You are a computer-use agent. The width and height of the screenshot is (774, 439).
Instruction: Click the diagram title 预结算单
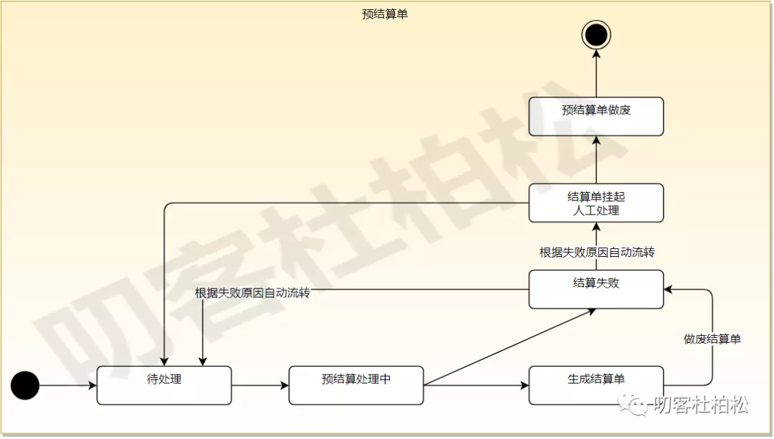coord(385,14)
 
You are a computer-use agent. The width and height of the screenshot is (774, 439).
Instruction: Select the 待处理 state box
coord(164,385)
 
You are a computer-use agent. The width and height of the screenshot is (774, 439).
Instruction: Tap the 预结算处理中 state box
coord(356,385)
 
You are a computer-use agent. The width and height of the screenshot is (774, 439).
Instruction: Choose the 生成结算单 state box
coord(596,385)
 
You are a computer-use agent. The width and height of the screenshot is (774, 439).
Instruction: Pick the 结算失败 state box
coord(596,289)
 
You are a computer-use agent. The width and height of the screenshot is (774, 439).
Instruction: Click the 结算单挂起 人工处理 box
coord(596,203)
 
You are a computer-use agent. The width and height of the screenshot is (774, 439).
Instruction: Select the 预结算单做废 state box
coord(596,116)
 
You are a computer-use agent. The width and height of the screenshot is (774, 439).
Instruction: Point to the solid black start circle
coord(25,386)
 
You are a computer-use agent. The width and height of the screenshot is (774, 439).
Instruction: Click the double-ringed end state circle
coord(596,34)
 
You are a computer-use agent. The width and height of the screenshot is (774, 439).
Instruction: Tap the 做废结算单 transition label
coord(712,339)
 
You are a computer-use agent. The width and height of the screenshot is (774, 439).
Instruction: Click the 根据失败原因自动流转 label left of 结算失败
coord(252,293)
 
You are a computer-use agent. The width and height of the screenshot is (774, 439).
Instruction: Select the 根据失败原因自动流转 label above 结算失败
coord(596,252)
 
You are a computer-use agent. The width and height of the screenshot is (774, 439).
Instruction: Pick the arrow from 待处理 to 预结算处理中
coord(260,386)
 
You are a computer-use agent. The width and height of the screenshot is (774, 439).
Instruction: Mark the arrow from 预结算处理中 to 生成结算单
coord(476,386)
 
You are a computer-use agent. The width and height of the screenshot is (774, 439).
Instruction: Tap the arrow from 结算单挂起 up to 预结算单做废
coord(596,159)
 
